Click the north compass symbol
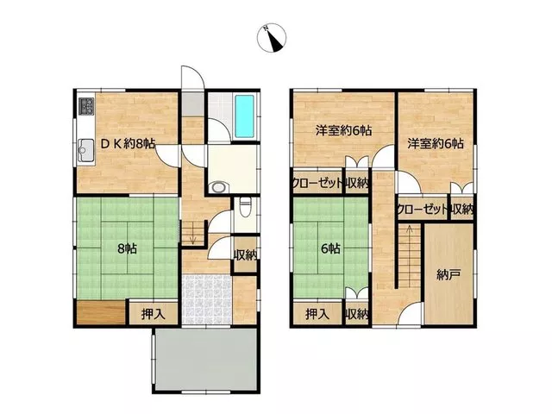pyautogui.click(x=272, y=38)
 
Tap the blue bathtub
pyautogui.click(x=245, y=116)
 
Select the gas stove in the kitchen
pyautogui.click(x=86, y=106)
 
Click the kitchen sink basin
pyautogui.click(x=85, y=150)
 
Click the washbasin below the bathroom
pyautogui.click(x=218, y=187)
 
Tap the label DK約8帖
pyautogui.click(x=128, y=144)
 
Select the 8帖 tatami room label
pyautogui.click(x=127, y=249)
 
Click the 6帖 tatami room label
pyautogui.click(x=330, y=249)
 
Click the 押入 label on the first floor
pyautogui.click(x=154, y=314)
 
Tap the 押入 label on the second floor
pyautogui.click(x=317, y=314)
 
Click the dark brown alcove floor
pyautogui.click(x=101, y=312)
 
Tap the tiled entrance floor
pyautogui.click(x=207, y=299)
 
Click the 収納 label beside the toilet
pyautogui.click(x=246, y=255)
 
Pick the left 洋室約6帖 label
pyautogui.click(x=343, y=131)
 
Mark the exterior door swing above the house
pyautogui.click(x=192, y=78)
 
